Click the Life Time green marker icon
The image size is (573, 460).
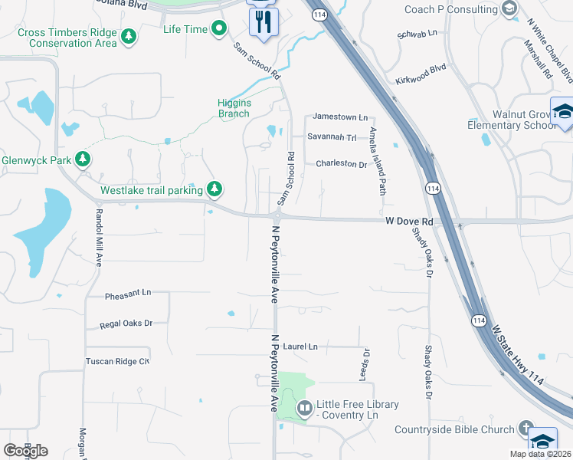220,29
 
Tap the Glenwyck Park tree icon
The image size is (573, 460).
83,160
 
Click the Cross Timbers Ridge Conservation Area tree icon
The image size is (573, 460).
129,35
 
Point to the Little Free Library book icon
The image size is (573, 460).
304,408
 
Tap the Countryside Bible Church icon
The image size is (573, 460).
526,428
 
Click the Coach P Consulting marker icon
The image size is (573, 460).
509,8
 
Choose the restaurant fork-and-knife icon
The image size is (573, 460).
264,21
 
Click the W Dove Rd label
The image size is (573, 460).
409,222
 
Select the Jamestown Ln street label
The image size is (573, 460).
338,117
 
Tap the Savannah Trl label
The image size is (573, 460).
332,137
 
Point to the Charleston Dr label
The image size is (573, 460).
342,163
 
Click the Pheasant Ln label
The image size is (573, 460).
128,294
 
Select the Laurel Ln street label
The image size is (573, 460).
300,347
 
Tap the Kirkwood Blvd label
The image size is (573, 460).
421,68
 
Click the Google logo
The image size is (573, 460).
25,451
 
